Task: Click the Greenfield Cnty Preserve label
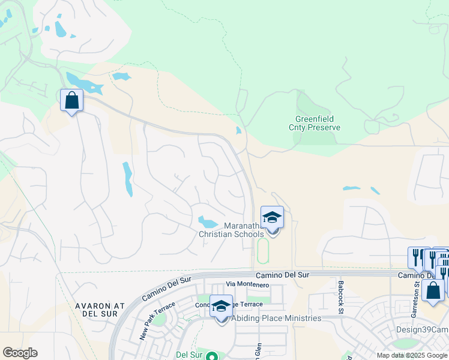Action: (x=318, y=124)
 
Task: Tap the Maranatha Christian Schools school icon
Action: (x=272, y=217)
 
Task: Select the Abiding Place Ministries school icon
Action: (x=221, y=306)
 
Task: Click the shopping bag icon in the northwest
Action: (x=71, y=100)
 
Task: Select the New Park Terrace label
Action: (x=157, y=321)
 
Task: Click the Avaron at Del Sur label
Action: (x=100, y=310)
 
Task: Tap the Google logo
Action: (x=20, y=353)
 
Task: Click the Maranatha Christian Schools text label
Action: (x=231, y=230)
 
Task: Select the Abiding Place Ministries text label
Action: (x=276, y=319)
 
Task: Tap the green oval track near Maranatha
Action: (x=262, y=251)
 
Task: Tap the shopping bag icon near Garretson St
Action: (x=433, y=291)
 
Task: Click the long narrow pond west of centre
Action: (x=128, y=179)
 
